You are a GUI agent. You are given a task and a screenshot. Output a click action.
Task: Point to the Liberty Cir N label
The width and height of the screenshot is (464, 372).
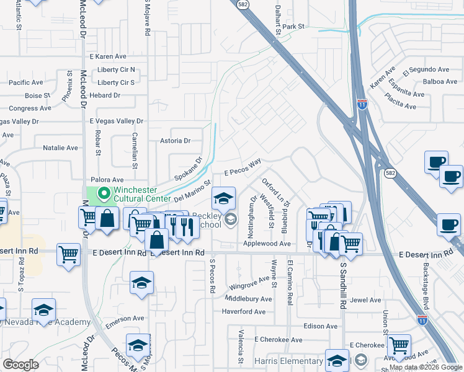pos(116,70)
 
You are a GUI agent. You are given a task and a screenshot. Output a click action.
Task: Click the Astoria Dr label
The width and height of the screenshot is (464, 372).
pos(175,141)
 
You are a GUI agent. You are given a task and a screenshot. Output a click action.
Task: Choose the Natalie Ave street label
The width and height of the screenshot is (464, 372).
pos(60,148)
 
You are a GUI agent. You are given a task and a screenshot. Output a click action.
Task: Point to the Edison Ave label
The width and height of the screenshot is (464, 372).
pos(321,326)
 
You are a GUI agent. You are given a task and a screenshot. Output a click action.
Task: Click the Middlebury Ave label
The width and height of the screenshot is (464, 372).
pos(248,299)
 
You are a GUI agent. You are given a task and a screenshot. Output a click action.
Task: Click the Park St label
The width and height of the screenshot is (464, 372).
pos(293,27)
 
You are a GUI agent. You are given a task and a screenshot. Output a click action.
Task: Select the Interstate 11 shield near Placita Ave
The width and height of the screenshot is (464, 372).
pos(362,105)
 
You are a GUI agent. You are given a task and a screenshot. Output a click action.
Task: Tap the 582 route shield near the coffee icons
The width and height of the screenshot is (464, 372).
pos(390,173)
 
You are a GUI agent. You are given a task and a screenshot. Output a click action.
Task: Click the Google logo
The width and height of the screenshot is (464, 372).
pos(20,365)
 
